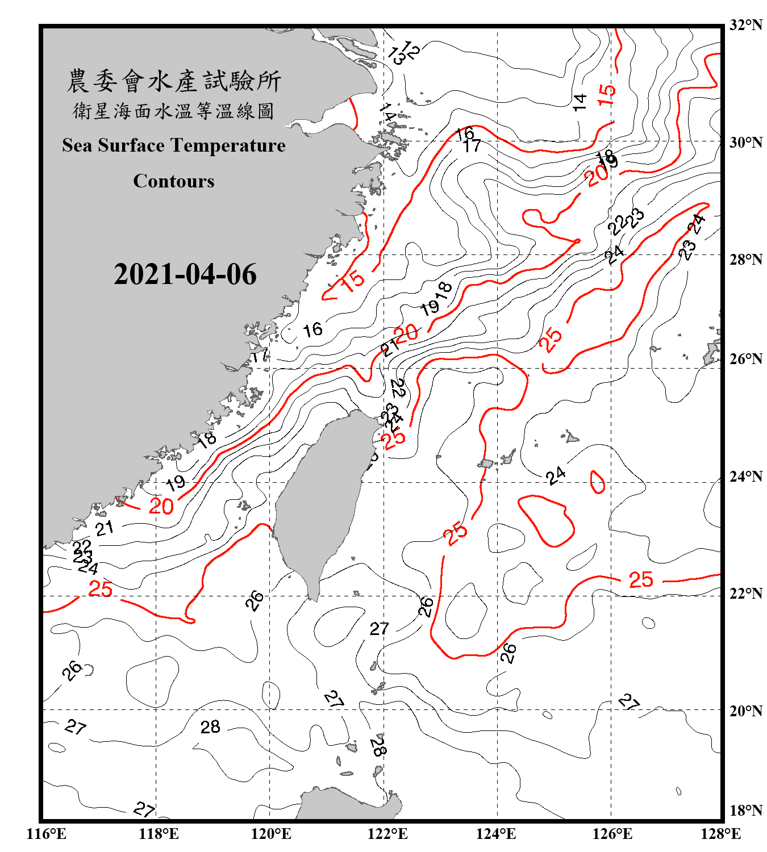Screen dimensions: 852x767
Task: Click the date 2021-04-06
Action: (x=185, y=274)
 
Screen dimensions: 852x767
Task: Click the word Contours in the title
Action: (x=174, y=181)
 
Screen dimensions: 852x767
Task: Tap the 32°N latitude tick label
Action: (x=746, y=25)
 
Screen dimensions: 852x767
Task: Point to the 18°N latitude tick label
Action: (x=746, y=811)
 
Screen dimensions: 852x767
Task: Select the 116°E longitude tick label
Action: (x=47, y=834)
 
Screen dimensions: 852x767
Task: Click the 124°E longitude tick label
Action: (x=496, y=834)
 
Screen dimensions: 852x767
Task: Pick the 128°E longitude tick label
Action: (x=720, y=834)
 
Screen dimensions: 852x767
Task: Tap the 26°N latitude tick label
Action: (x=746, y=359)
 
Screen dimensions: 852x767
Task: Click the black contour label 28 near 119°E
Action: (x=210, y=727)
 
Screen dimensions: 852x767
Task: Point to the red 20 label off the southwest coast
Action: (x=161, y=506)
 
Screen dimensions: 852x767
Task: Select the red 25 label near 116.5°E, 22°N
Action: (x=101, y=589)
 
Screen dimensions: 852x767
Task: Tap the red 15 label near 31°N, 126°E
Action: (x=607, y=94)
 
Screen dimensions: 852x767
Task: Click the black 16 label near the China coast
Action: (x=312, y=329)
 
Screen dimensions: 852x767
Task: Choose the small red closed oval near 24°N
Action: (x=597, y=482)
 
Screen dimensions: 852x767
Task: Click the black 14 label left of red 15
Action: (x=579, y=102)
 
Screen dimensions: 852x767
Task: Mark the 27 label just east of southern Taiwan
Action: (x=379, y=629)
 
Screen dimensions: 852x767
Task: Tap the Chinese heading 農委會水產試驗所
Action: (x=174, y=81)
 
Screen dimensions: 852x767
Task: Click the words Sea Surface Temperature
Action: (x=174, y=145)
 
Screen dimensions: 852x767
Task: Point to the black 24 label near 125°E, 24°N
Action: (x=556, y=475)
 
